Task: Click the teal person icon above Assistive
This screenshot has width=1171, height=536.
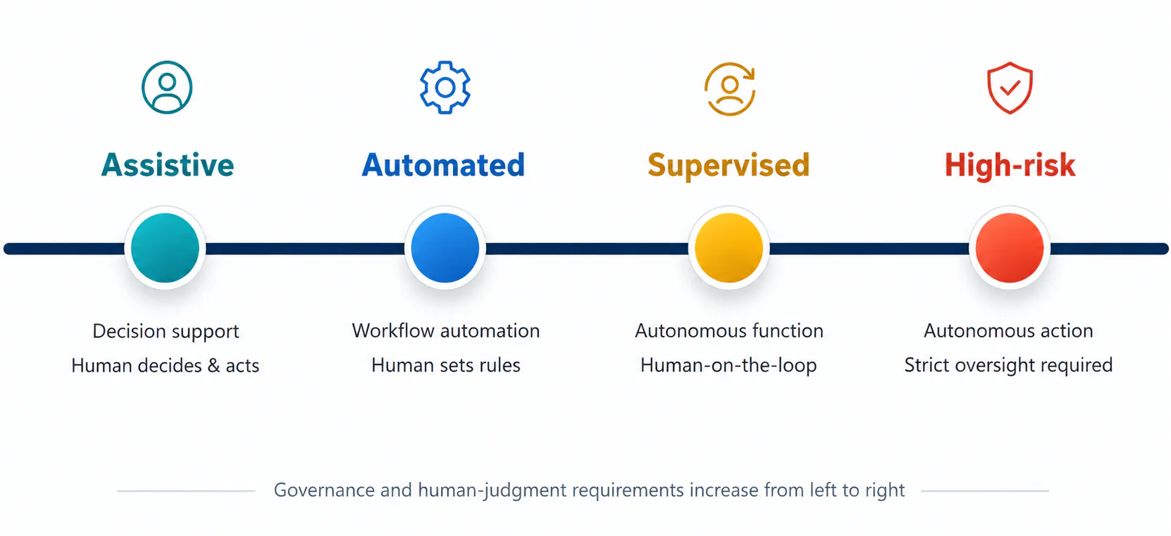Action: (167, 87)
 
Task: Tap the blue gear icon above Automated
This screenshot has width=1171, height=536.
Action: (445, 87)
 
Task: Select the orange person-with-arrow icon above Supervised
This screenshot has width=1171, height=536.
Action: (730, 89)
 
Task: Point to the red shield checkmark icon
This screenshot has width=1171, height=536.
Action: (1010, 88)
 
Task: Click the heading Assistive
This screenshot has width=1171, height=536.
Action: (168, 166)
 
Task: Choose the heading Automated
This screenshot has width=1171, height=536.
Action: (443, 166)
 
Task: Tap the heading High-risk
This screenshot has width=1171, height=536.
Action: (1010, 166)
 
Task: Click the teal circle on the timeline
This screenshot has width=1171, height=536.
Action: (165, 248)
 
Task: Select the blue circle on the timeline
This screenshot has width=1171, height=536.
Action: (445, 248)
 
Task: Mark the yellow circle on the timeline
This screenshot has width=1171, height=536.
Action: (729, 248)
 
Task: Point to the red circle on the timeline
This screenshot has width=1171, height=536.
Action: (1010, 248)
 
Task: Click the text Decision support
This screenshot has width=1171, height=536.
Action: (165, 332)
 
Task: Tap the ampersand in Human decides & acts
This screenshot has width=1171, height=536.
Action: (214, 366)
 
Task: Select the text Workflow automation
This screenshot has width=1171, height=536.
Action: (445, 331)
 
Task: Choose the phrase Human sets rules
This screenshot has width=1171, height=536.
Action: (445, 365)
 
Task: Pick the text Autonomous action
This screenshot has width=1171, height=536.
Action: (1008, 331)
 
